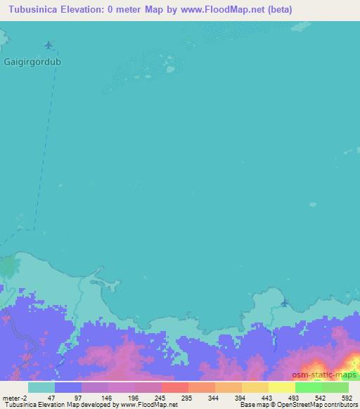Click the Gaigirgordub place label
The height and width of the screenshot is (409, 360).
click(32, 61)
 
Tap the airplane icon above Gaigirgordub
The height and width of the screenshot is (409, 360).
click(48, 46)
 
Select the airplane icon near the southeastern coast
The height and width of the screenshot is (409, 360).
click(283, 303)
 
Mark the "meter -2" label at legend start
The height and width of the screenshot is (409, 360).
click(14, 398)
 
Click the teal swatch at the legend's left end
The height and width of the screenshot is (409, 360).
click(41, 387)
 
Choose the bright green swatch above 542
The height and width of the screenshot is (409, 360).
click(308, 387)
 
